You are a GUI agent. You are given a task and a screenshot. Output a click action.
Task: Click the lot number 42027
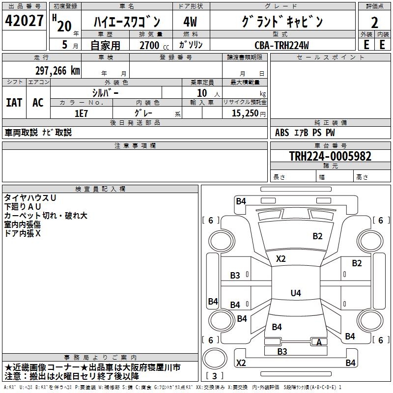[25, 22]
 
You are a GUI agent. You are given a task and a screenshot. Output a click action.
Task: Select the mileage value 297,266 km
[57, 71]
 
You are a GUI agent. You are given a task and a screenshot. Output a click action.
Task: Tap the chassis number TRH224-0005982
[330, 157]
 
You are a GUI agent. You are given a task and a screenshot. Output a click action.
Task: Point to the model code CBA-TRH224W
[281, 45]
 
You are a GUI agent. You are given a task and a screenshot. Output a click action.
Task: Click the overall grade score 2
[374, 23]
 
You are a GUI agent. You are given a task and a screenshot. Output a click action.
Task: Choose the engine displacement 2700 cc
[149, 45]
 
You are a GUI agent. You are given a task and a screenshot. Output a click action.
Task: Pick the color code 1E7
[81, 112]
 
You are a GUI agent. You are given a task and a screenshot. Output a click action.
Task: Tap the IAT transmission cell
[14, 102]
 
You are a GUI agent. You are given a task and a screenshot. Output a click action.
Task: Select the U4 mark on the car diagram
[295, 293]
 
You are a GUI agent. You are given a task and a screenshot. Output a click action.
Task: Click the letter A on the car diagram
[319, 342]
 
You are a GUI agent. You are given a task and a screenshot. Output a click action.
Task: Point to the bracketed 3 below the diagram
[214, 376]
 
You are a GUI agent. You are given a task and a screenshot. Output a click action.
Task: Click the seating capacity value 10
[202, 93]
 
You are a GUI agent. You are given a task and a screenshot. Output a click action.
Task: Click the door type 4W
[190, 22]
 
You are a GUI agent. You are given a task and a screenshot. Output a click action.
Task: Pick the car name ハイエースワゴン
[126, 22]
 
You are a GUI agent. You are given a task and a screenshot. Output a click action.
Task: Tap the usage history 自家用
[105, 45]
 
